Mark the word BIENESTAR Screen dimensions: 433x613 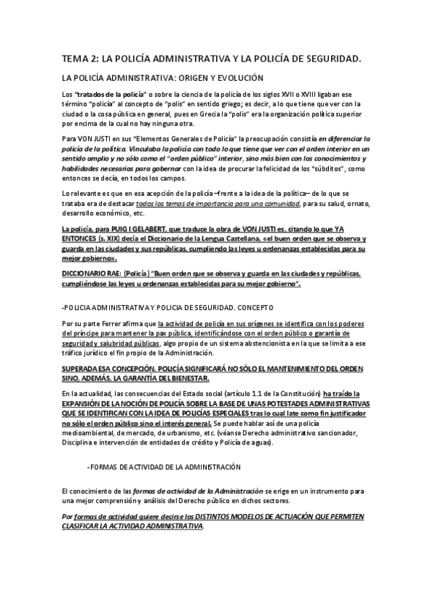pos(186,377)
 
